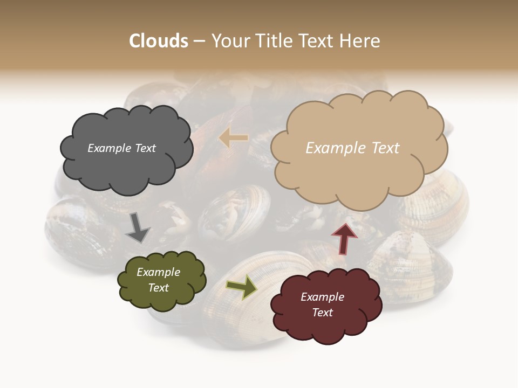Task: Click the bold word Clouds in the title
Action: [x=159, y=40]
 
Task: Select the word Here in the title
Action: [x=361, y=40]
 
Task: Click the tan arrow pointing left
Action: [x=233, y=138]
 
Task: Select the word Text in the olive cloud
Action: [x=158, y=288]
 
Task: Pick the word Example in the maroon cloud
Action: [x=322, y=297]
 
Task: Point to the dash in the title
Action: [x=199, y=41]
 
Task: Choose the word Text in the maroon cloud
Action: [x=322, y=313]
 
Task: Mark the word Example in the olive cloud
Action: [x=158, y=272]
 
